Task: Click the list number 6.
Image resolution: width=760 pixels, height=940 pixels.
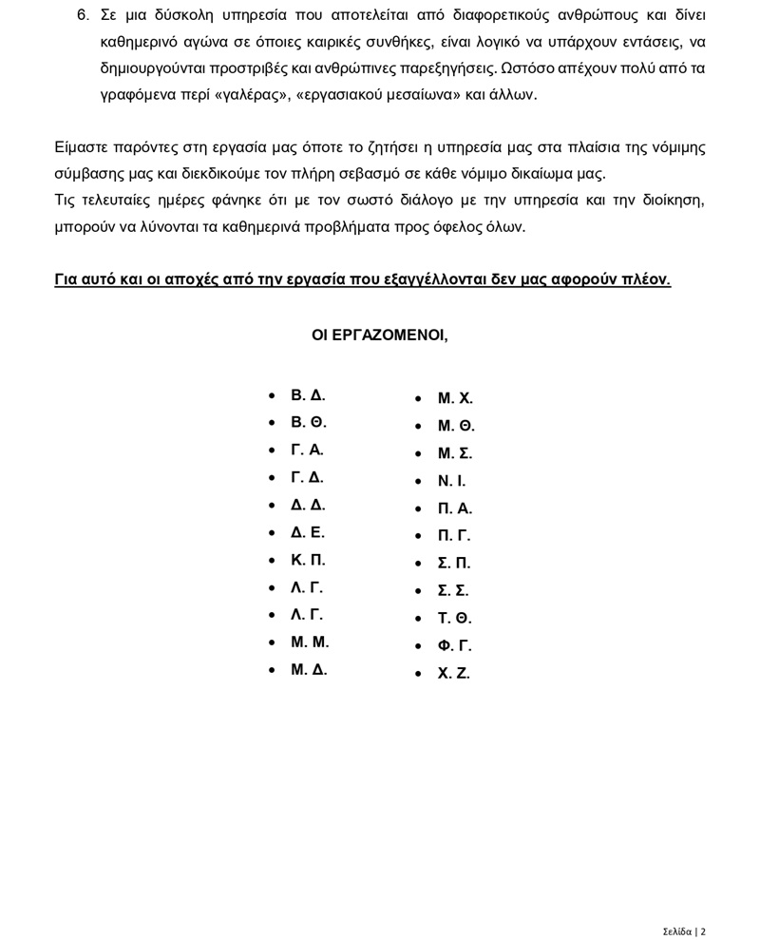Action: [x=83, y=15]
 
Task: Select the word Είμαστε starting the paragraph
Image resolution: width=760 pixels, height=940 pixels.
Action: [x=81, y=147]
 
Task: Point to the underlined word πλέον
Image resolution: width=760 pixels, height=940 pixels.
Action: [x=646, y=279]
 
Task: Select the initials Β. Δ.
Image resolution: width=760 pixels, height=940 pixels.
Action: [x=308, y=395]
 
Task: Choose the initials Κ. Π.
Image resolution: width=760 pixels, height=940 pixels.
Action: [x=308, y=560]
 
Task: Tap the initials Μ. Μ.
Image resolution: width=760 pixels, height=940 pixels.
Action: [x=310, y=643]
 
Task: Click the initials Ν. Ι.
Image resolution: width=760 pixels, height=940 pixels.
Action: [x=451, y=481]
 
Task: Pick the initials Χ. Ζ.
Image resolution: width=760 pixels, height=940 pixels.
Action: [x=453, y=674]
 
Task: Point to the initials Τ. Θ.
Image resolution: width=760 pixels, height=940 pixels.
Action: [x=454, y=619]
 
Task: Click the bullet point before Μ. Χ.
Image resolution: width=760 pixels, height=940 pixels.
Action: [x=418, y=399]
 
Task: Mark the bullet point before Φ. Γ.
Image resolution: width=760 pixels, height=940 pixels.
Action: [x=418, y=646]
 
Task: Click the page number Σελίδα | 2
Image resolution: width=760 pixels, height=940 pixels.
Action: [x=684, y=931]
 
